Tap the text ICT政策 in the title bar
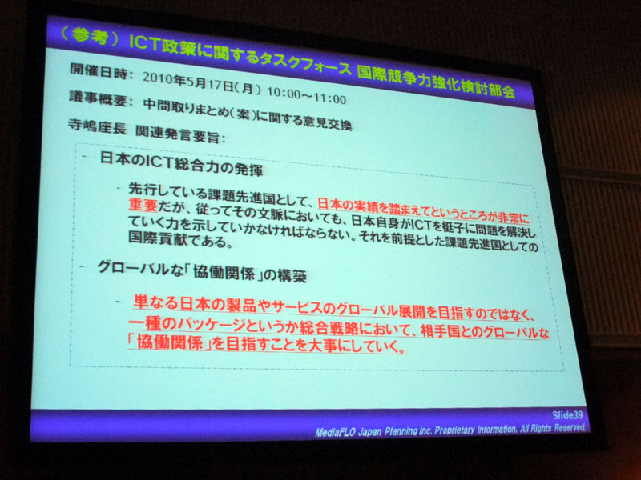pos(158,41)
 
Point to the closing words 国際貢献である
pos(163,241)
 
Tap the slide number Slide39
pos(564,413)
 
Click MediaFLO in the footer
pos(337,430)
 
